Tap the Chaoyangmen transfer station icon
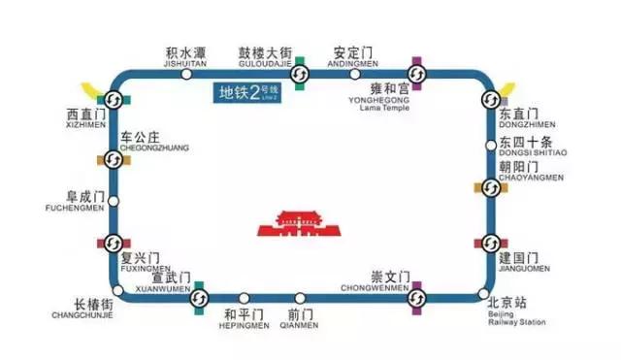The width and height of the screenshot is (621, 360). click(491, 186)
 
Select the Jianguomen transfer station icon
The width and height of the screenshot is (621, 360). click(491, 243)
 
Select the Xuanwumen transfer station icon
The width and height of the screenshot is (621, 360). click(199, 297)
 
